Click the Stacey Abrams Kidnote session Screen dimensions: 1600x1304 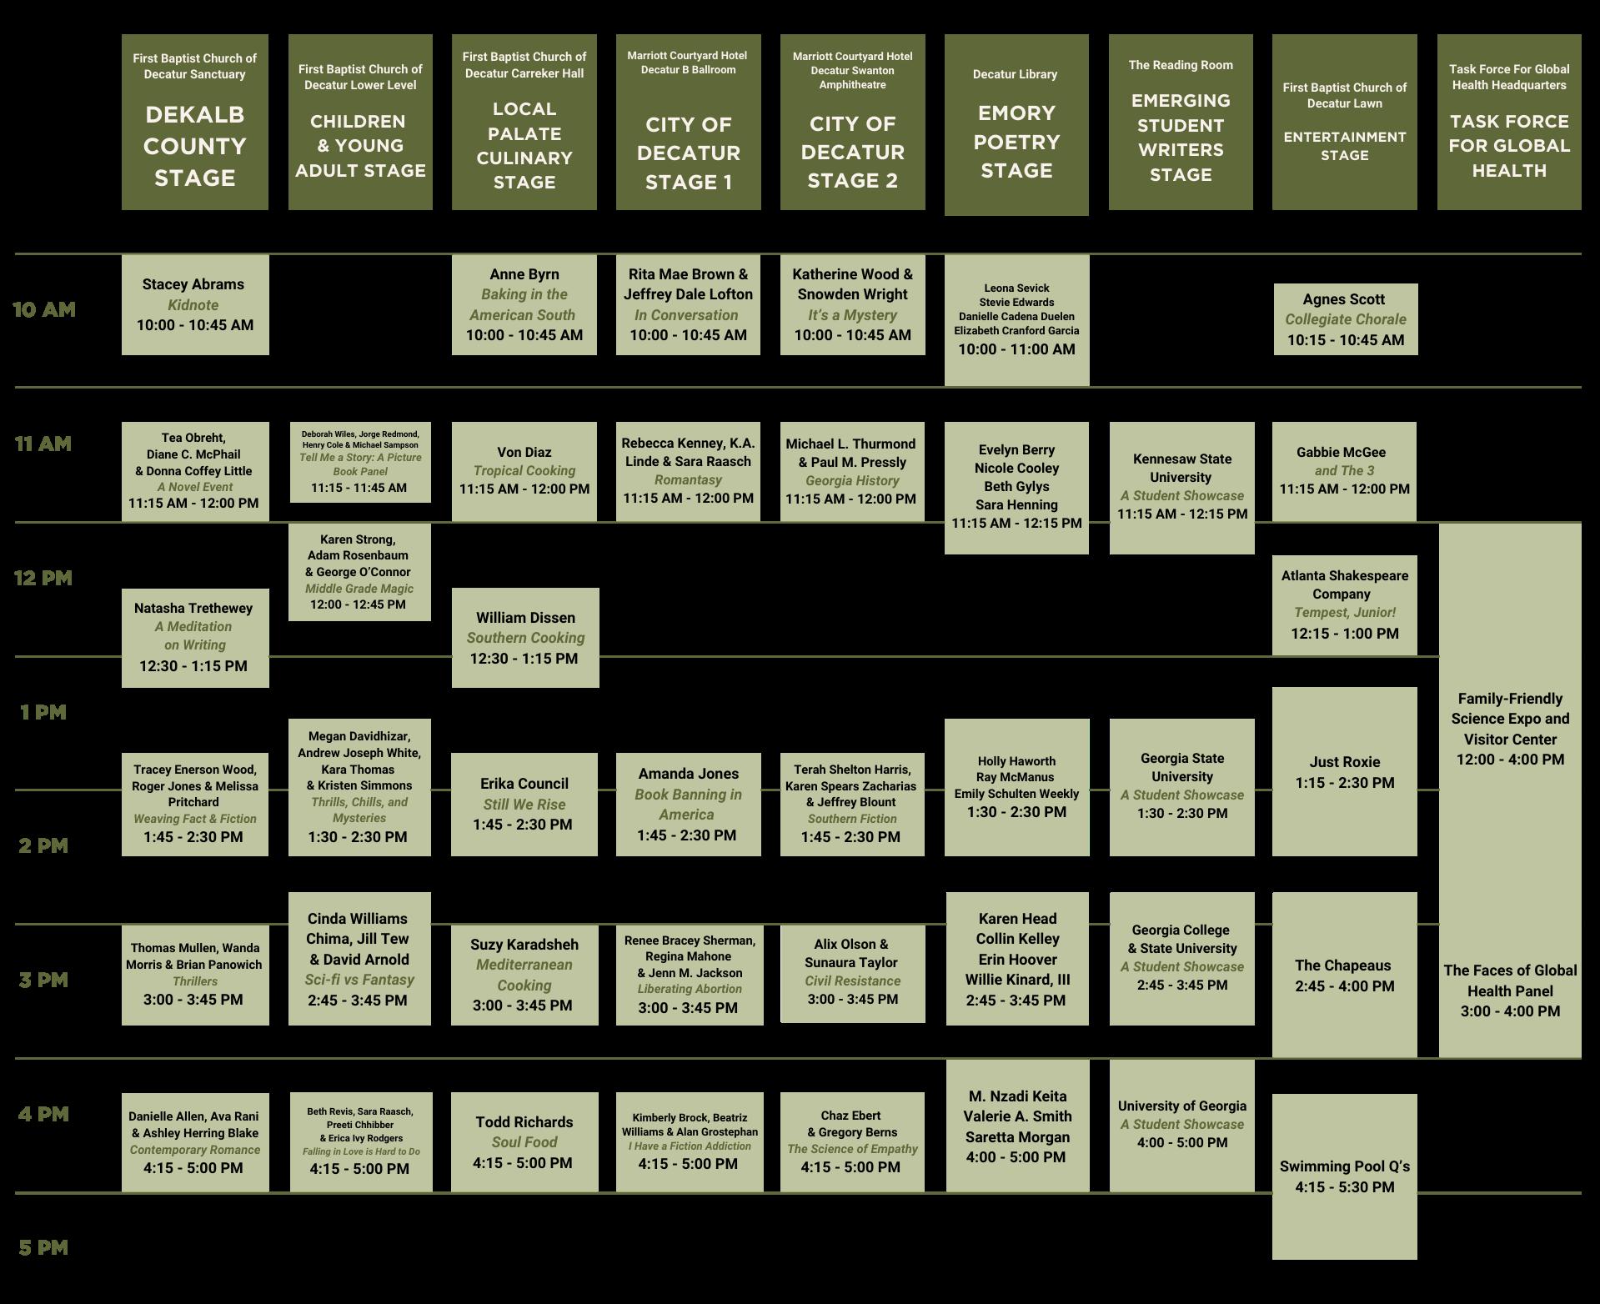click(x=195, y=304)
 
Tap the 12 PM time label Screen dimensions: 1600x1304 click(x=43, y=578)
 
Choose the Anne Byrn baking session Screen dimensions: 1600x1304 click(x=524, y=304)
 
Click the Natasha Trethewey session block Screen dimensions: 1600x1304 click(x=195, y=637)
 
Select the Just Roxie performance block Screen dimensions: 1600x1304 click(x=1344, y=772)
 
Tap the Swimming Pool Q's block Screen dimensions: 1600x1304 click(x=1344, y=1176)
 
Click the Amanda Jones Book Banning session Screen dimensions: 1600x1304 click(x=688, y=804)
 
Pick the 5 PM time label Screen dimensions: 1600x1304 click(x=43, y=1247)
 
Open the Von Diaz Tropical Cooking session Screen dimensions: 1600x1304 click(x=524, y=471)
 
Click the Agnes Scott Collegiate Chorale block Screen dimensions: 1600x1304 click(x=1345, y=319)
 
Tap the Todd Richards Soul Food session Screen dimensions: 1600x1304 click(x=524, y=1141)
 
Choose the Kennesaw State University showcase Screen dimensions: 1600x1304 click(x=1181, y=487)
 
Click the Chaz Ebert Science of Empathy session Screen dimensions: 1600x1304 click(x=852, y=1141)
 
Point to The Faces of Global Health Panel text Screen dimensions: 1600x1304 click(x=1510, y=991)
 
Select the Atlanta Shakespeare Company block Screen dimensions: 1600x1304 click(x=1344, y=604)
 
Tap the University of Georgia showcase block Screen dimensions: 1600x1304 click(x=1181, y=1125)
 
